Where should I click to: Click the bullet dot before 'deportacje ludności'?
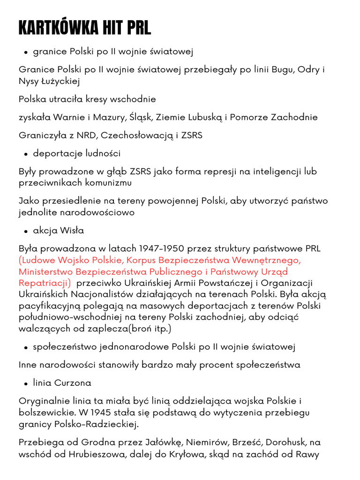click(26, 154)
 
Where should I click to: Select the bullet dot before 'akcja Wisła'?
click(26, 231)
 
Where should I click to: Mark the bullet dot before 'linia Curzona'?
click(26, 383)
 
